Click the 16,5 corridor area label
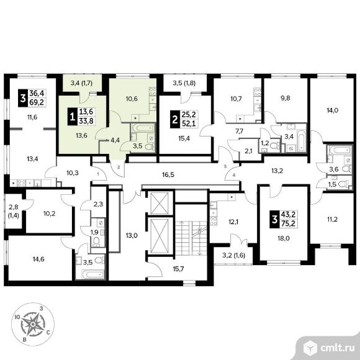(168, 174)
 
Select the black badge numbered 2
(175, 119)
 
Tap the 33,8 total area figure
(86, 121)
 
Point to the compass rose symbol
(33, 324)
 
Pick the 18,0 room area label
(283, 238)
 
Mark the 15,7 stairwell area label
(178, 269)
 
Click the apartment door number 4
(234, 176)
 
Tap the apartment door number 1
(98, 174)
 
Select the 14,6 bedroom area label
(38, 259)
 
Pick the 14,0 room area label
(333, 110)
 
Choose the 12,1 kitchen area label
(233, 222)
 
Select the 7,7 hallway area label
(239, 132)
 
